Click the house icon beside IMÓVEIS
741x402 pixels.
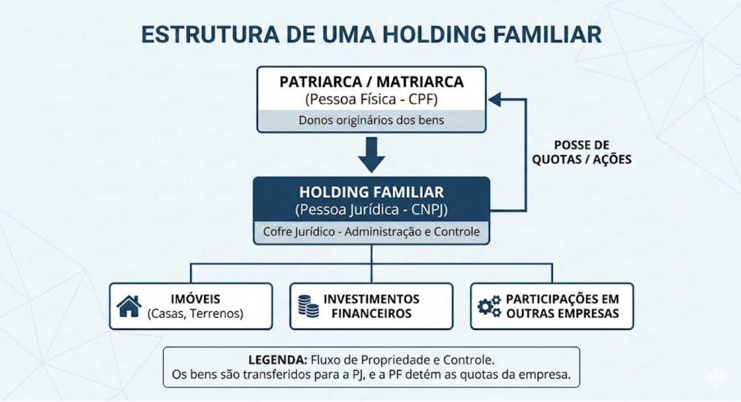129,306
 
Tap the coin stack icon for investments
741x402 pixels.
308,306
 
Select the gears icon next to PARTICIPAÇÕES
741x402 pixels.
489,306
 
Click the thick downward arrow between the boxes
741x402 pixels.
372,154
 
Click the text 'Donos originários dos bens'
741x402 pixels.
372,121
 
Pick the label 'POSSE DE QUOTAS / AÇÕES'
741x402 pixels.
582,152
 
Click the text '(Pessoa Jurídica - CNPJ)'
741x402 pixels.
372,209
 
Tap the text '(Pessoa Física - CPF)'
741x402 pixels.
372,99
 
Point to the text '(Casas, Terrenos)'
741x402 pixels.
195,314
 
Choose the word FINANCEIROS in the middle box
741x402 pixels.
372,314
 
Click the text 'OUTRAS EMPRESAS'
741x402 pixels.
562,314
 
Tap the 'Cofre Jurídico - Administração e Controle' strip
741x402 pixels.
372,232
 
